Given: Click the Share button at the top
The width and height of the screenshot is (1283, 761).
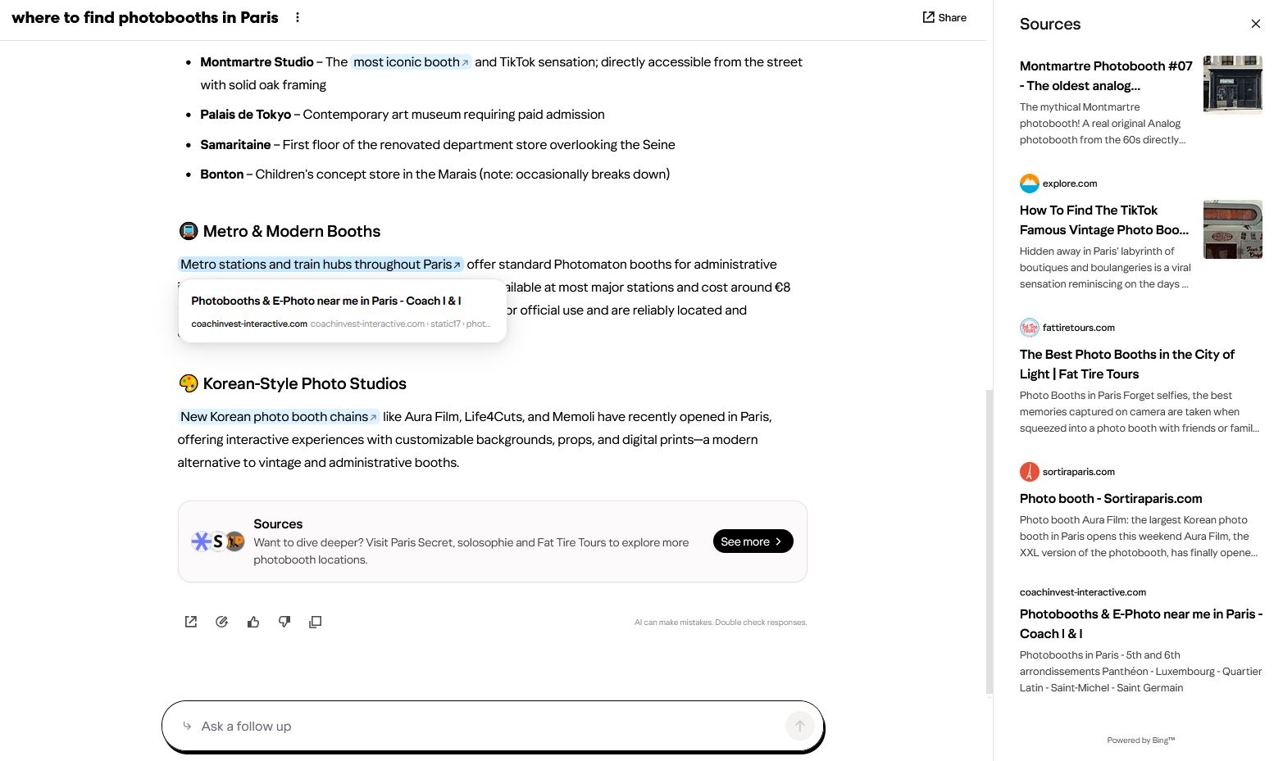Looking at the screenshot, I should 944,17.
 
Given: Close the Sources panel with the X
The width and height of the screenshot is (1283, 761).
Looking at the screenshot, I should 1255,24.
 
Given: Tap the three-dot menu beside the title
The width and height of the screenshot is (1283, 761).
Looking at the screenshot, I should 298,17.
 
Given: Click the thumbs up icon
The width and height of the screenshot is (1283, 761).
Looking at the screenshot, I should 253,623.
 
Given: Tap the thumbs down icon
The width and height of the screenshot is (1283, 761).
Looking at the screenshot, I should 284,623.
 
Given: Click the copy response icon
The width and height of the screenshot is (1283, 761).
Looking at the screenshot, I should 315,623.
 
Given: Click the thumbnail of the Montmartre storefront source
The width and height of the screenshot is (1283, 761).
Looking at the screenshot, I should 1232,84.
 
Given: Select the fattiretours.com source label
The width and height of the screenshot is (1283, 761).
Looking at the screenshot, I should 1078,328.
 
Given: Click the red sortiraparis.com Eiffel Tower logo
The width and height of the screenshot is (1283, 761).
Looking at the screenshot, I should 1029,472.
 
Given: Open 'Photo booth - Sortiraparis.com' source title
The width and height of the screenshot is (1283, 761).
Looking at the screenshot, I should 1110,499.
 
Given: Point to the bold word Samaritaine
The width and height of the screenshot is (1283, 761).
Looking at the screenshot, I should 235,145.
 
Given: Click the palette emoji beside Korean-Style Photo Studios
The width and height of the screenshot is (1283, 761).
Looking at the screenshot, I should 188,384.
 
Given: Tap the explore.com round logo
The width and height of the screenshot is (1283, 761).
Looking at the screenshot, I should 1029,183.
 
